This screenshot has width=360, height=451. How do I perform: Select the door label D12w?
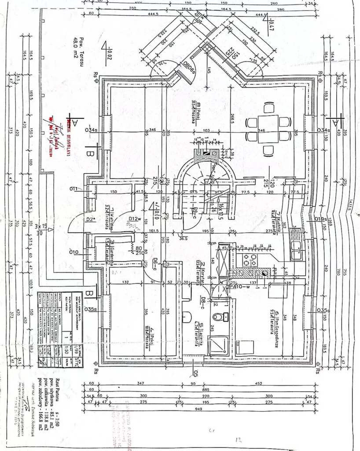135,219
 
